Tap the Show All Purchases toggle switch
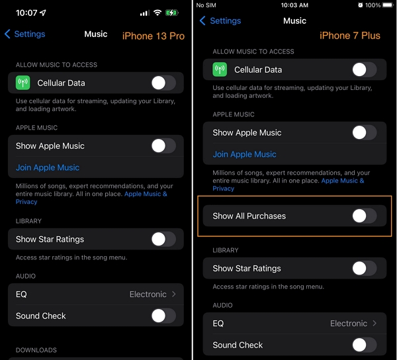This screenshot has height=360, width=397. point(364,216)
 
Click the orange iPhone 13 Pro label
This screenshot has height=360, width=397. point(153,36)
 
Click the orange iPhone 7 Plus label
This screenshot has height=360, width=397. point(350,36)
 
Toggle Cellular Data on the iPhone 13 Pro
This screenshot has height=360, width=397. point(163,83)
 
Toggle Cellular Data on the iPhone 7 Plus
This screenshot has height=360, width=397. point(364,69)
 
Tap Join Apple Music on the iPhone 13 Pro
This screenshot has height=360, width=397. point(48,167)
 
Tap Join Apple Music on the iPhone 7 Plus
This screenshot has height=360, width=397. point(244,154)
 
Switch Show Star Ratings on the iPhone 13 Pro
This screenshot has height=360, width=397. point(163,239)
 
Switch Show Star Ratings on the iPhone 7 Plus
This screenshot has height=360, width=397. point(364,268)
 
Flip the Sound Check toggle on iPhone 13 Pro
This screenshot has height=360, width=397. point(163,316)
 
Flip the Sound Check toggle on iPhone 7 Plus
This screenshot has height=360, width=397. point(364,345)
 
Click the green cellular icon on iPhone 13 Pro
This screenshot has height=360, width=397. point(24,83)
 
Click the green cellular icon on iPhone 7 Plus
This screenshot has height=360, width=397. point(220,69)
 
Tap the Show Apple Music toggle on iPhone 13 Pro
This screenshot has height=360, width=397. point(163,146)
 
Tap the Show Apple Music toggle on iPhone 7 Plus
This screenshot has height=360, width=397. point(364,132)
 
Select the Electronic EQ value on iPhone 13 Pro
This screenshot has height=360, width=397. point(148,294)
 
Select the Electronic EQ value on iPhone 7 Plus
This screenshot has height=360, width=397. point(349,324)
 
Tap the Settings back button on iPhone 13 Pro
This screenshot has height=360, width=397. point(25,34)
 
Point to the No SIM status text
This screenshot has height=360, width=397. point(207,5)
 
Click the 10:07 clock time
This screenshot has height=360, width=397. point(26,13)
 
